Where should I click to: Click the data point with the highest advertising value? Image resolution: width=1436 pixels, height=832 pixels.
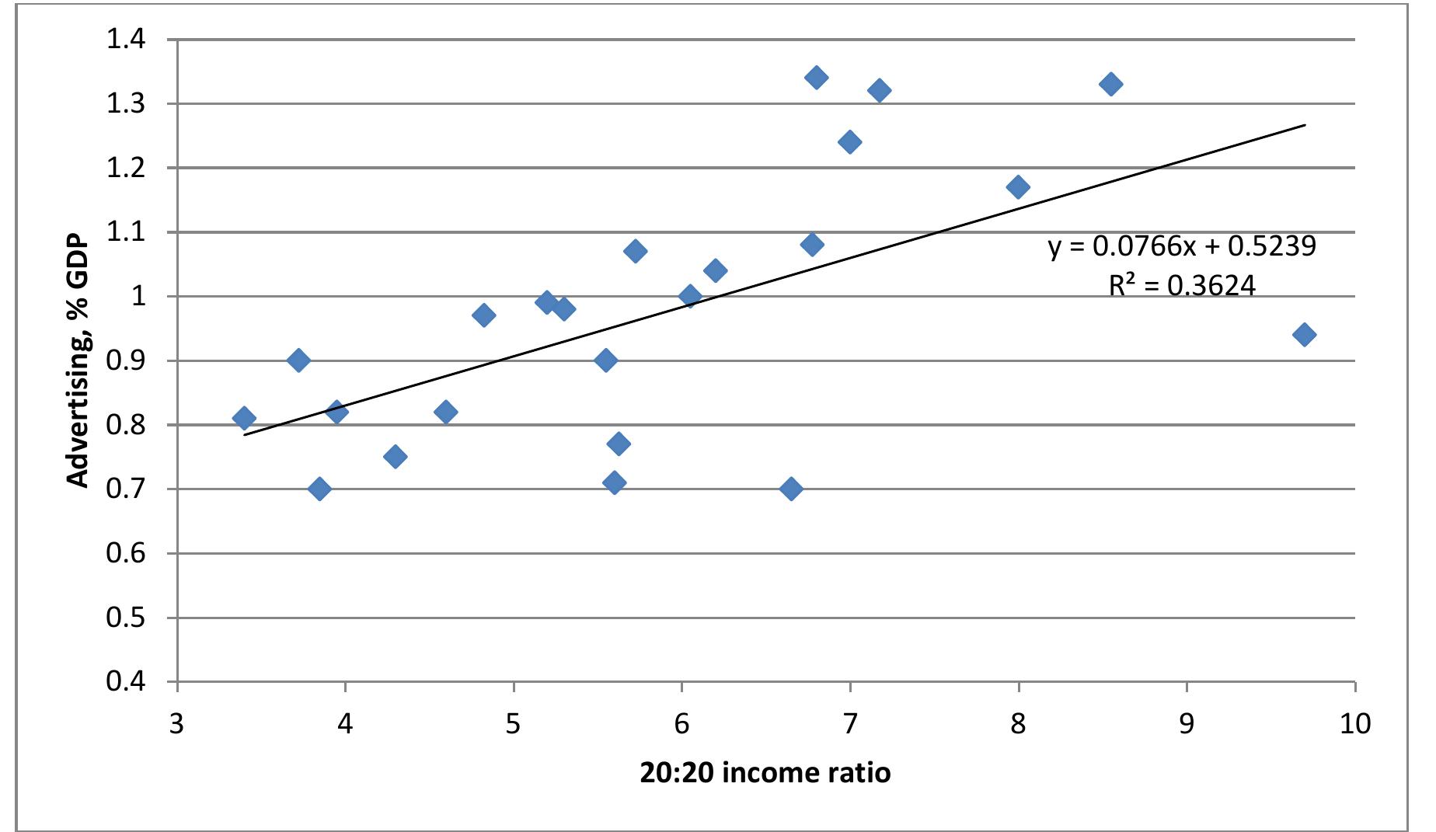(816, 77)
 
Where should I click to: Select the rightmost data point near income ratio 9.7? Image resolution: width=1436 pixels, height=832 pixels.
(1304, 335)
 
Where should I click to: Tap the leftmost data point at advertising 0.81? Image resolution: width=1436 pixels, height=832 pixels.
(244, 418)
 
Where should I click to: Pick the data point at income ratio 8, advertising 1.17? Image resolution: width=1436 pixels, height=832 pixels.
(1018, 186)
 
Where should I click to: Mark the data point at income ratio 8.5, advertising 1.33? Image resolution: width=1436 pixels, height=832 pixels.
(1111, 84)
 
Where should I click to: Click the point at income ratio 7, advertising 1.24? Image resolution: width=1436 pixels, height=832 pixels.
(849, 141)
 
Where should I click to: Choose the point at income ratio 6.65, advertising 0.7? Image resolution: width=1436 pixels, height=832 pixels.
(791, 489)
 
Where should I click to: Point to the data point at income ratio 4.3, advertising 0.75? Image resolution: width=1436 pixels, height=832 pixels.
(395, 456)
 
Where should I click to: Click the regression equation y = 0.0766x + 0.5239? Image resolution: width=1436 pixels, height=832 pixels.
(1182, 246)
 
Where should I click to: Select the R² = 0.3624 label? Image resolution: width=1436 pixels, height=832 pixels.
(1182, 286)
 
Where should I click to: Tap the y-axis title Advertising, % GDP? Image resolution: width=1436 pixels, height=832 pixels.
(78, 361)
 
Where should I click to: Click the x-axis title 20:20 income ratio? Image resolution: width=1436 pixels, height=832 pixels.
(765, 773)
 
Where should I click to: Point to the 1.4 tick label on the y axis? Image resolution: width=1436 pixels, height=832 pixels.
(126, 39)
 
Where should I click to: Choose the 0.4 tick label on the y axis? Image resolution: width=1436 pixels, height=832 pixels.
(126, 682)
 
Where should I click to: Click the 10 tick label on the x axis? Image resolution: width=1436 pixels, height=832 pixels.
(1354, 724)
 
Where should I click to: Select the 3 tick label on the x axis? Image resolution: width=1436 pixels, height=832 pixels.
(177, 724)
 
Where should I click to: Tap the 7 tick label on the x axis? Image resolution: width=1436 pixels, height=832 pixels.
(850, 724)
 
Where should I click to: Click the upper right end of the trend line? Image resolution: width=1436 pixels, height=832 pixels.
(1304, 125)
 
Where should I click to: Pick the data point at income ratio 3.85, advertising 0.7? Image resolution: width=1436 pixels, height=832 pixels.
(319, 489)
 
